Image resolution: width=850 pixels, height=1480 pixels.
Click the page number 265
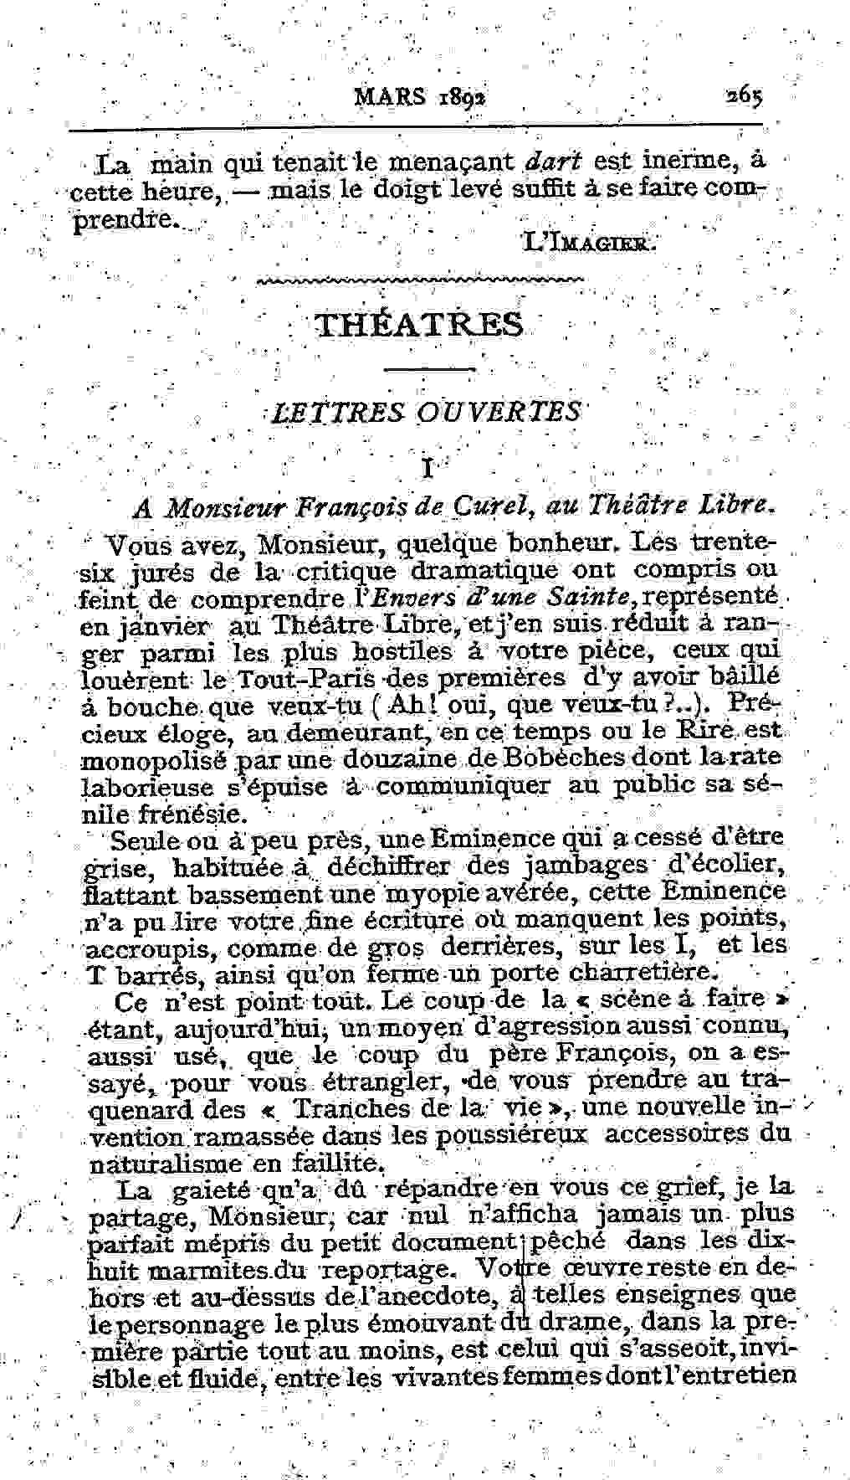(744, 95)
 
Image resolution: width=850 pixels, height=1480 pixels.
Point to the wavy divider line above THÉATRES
(421, 281)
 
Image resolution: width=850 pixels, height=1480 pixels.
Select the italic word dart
(557, 159)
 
